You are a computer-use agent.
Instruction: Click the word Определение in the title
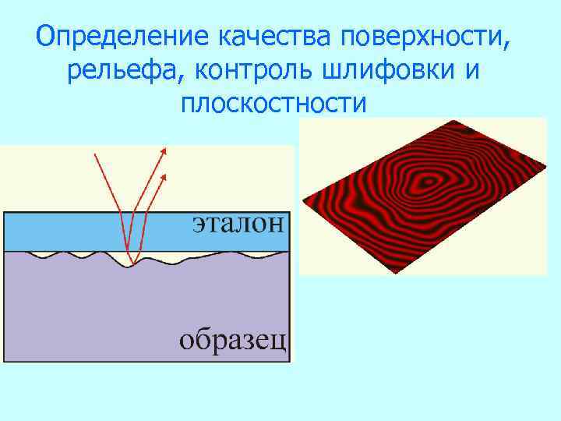click(x=120, y=36)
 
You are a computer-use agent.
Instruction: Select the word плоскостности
click(x=273, y=104)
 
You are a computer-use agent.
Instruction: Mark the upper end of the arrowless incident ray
click(x=94, y=154)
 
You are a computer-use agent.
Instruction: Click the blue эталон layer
click(x=78, y=232)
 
